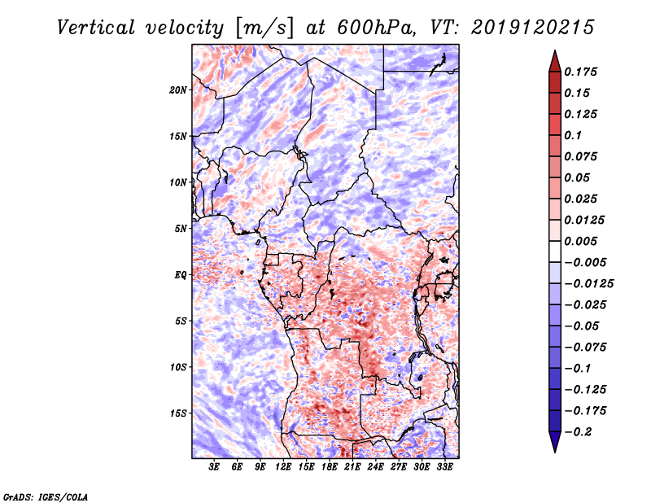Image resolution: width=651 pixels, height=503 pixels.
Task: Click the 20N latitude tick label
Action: click(x=178, y=90)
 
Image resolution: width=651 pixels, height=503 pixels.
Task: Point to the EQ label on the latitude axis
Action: click(x=180, y=275)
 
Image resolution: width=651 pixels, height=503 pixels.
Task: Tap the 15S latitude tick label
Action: click(x=178, y=413)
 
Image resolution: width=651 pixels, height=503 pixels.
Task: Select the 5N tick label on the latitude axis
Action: click(x=181, y=229)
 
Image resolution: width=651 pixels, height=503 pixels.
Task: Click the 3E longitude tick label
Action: click(x=214, y=466)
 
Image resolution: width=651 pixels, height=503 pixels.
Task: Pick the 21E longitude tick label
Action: click(x=352, y=466)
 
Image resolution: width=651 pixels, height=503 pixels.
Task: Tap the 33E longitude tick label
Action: click(x=444, y=466)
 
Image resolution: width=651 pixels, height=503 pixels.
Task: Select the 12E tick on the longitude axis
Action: click(x=282, y=466)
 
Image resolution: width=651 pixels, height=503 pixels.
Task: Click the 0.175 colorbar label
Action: click(x=580, y=72)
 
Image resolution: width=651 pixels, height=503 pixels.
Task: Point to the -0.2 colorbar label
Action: click(x=578, y=432)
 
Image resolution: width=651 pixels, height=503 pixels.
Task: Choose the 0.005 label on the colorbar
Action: click(x=580, y=241)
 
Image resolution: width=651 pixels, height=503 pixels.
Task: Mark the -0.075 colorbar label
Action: click(x=585, y=348)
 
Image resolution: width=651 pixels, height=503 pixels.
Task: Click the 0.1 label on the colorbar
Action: click(x=573, y=135)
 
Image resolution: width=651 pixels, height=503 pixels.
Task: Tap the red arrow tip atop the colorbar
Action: click(x=555, y=50)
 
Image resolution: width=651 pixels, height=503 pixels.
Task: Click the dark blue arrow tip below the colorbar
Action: click(x=555, y=452)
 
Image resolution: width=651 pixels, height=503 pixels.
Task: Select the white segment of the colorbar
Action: click(x=555, y=251)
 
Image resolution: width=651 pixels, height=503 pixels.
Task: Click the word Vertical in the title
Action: click(x=96, y=28)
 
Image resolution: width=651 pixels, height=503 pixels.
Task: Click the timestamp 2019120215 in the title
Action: click(x=533, y=28)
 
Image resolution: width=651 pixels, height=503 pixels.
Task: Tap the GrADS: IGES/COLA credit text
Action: click(x=46, y=497)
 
